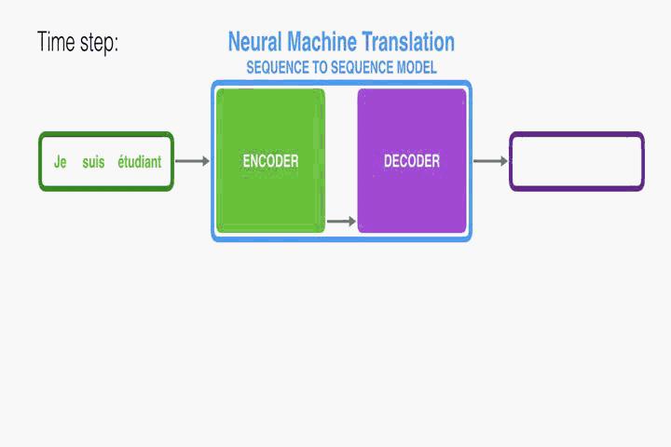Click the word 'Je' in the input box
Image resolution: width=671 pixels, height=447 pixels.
[x=61, y=162]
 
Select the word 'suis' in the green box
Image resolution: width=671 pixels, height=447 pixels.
[x=93, y=162]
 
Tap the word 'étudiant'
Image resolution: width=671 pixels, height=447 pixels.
[x=140, y=162]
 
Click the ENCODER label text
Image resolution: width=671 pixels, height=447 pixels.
[x=270, y=161]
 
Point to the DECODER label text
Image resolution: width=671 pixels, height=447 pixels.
[x=412, y=161]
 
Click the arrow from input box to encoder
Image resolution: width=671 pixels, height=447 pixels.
[x=192, y=161]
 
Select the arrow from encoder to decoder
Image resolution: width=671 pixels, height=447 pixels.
[x=341, y=221]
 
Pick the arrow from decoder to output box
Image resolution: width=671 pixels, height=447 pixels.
[x=490, y=161]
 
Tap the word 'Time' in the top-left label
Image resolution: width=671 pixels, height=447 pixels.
[x=53, y=42]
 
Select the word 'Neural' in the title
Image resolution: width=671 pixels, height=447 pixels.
[x=255, y=42]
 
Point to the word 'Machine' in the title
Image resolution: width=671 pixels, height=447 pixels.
[x=322, y=42]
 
